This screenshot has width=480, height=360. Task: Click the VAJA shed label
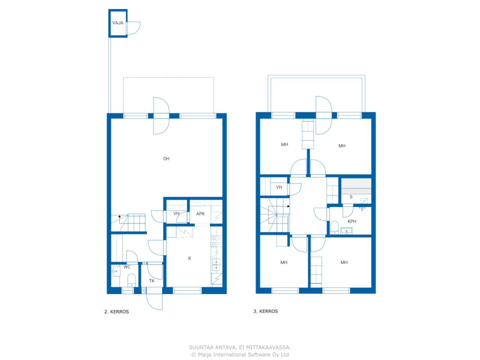pos(118,23)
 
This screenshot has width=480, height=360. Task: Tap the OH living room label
pos(166,159)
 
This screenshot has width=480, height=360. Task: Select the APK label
pos(200,214)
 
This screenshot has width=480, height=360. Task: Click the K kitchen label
pos(189,258)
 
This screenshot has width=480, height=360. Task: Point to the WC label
pos(127,267)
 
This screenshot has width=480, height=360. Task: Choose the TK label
pos(151,281)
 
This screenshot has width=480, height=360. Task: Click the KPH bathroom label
pos(352,221)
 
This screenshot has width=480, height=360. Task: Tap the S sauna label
pos(351,197)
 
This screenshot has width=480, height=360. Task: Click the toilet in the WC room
pos(131,280)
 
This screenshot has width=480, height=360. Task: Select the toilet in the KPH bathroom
pos(334,228)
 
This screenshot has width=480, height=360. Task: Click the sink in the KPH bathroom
pos(346,231)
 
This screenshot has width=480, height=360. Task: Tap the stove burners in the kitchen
pos(216,241)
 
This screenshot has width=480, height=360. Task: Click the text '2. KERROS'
pos(116,312)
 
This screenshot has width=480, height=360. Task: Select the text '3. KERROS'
pos(265,311)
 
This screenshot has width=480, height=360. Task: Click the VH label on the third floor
pos(279,187)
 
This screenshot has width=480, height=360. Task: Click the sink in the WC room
pos(116,271)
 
